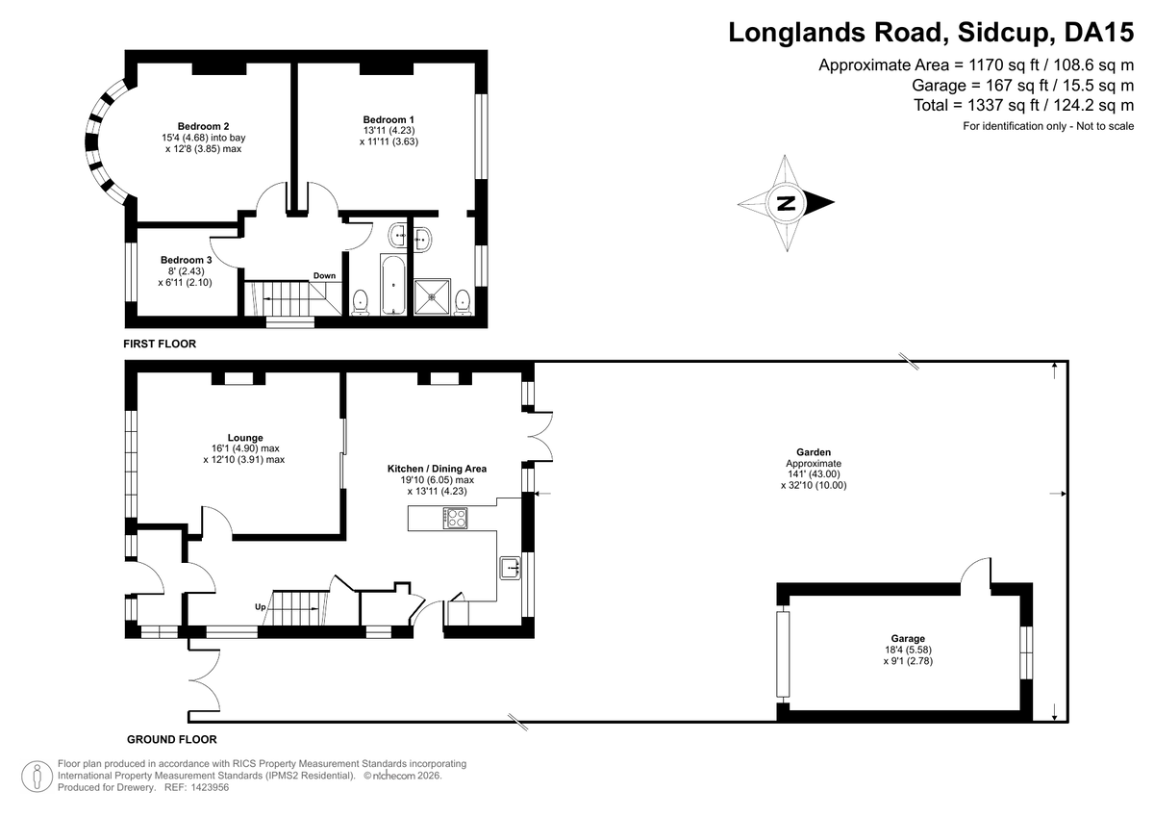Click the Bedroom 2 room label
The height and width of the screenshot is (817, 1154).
pos(204,126)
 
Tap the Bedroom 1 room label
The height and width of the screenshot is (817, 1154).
pos(389,119)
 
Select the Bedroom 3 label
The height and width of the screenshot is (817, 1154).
pos(186,260)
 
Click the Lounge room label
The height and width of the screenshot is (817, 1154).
pos(245,438)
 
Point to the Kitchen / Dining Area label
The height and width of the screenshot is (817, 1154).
pos(437,469)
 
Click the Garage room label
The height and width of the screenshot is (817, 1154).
pos(908,639)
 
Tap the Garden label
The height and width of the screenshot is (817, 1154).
pos(814,452)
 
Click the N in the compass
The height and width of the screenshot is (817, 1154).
pos(787,203)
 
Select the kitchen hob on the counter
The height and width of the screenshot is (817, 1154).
pos(456,518)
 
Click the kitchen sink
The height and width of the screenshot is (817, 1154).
pos(510,568)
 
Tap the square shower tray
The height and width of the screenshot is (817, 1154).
pos(432,296)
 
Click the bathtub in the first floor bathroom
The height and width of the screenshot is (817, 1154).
pos(393,285)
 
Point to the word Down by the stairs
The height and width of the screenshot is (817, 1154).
pos(325,276)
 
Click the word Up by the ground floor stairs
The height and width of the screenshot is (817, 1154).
pos(261,607)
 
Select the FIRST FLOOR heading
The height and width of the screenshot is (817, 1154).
pos(160,344)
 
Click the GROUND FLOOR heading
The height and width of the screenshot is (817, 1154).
pos(171,740)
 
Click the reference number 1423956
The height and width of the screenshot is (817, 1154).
pos(210,787)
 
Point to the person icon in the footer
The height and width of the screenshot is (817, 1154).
pos(38,777)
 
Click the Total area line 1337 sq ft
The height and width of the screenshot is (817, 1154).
pos(1023,105)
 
